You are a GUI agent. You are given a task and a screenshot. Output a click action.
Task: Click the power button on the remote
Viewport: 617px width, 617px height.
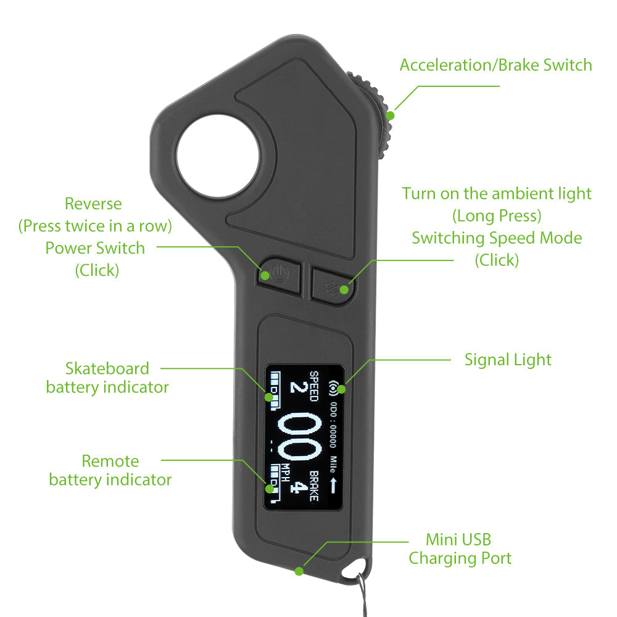(280, 275)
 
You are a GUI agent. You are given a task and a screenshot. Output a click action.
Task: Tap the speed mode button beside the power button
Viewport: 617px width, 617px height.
(333, 283)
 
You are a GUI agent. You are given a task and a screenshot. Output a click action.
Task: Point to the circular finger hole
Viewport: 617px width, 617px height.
(218, 156)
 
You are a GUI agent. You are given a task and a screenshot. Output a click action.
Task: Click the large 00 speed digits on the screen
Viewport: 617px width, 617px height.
(300, 436)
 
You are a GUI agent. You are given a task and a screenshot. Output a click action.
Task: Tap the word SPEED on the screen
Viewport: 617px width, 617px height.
(313, 386)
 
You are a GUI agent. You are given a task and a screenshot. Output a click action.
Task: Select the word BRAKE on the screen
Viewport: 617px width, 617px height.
(313, 486)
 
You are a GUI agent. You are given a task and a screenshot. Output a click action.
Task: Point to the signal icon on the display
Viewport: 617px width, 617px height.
(334, 388)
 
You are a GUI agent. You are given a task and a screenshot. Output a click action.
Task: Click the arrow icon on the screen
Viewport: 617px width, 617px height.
(333, 486)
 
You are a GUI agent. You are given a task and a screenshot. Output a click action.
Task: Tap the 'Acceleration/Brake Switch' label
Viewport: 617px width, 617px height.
(496, 65)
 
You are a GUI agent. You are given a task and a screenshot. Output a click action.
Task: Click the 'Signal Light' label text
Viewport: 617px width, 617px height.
(508, 360)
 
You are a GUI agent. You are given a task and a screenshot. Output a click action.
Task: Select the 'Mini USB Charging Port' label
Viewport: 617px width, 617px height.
(460, 549)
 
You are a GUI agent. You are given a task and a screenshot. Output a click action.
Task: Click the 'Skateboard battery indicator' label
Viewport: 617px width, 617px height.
(107, 378)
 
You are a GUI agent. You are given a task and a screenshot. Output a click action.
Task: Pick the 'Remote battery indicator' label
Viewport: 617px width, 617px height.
(110, 470)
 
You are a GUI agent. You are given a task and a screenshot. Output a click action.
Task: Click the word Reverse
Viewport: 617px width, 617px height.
(93, 204)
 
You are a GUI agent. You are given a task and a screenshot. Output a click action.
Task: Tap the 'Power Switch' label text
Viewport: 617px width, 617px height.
(95, 248)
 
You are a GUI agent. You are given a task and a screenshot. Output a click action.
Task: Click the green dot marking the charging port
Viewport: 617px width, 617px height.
(299, 571)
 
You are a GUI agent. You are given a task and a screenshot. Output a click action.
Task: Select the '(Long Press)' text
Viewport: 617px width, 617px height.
(497, 215)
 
